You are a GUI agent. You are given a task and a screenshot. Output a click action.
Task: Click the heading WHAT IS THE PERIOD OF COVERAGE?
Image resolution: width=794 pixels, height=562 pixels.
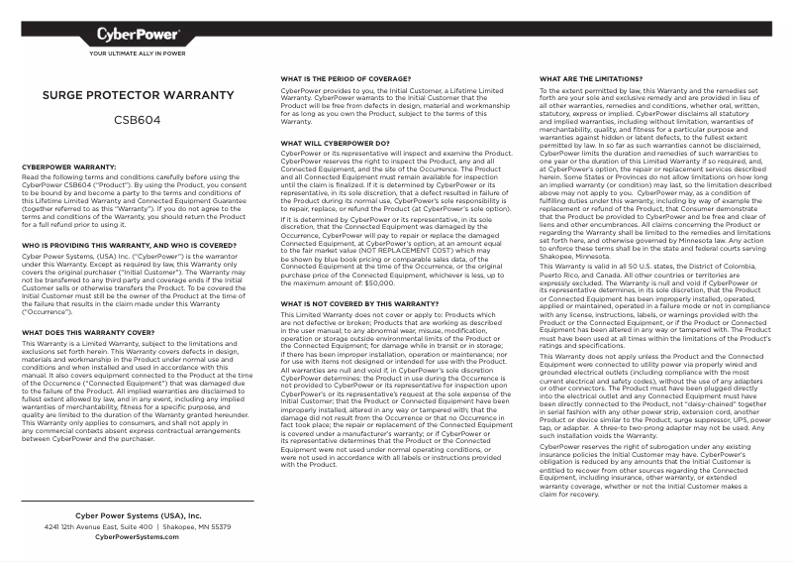345,77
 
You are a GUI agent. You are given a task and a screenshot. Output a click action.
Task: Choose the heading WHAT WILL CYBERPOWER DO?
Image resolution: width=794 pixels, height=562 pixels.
335,144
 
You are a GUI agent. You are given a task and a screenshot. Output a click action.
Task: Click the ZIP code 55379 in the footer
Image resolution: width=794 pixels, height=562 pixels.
221,527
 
